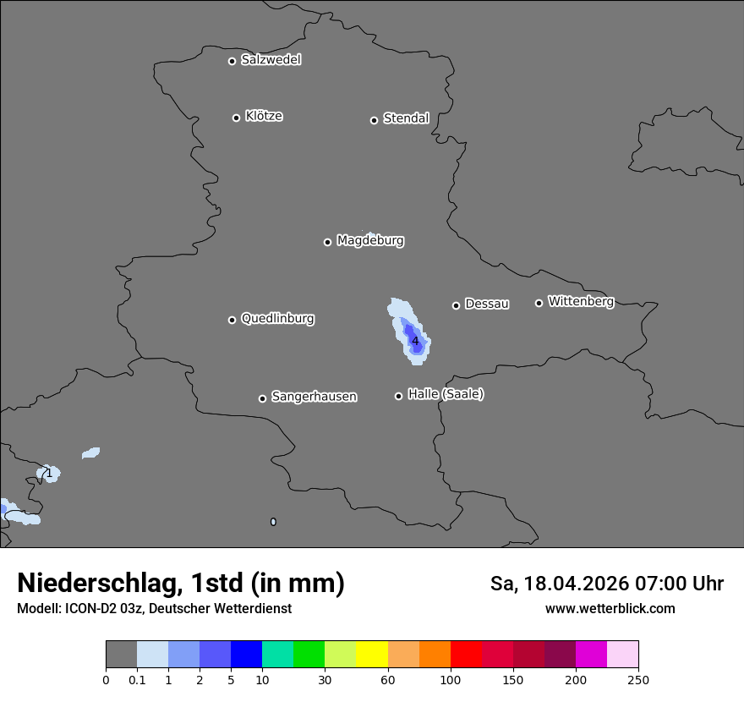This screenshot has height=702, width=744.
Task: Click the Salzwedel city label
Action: click(271, 60)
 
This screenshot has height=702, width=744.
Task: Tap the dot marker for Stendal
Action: click(374, 120)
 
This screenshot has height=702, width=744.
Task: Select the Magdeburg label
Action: click(369, 241)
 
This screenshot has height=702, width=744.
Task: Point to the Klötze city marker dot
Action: click(236, 118)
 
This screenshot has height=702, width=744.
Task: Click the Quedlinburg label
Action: click(277, 319)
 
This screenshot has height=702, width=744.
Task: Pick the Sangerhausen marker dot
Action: click(262, 398)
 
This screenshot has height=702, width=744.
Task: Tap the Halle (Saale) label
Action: click(446, 394)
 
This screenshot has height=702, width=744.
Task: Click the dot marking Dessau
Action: click(456, 305)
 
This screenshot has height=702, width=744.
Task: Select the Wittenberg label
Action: click(580, 301)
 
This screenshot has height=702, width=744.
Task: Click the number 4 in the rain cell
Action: click(415, 341)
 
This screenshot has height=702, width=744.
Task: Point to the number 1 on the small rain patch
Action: click(49, 473)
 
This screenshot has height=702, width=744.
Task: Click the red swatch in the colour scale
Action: click(466, 655)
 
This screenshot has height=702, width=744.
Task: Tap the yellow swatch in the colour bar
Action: click(372, 655)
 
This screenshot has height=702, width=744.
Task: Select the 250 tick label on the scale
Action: click(638, 679)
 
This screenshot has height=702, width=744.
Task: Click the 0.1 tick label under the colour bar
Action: click(137, 679)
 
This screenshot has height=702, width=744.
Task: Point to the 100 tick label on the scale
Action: click(451, 679)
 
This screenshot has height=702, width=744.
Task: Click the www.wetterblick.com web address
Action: click(610, 609)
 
